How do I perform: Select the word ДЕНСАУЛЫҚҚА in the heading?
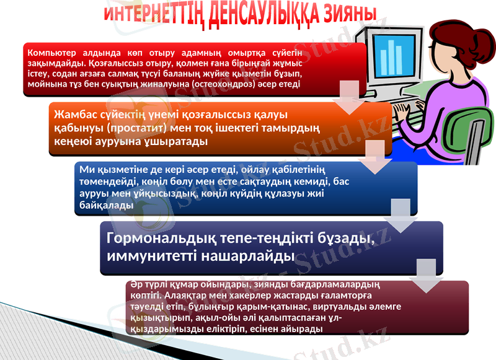(x=260, y=14)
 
